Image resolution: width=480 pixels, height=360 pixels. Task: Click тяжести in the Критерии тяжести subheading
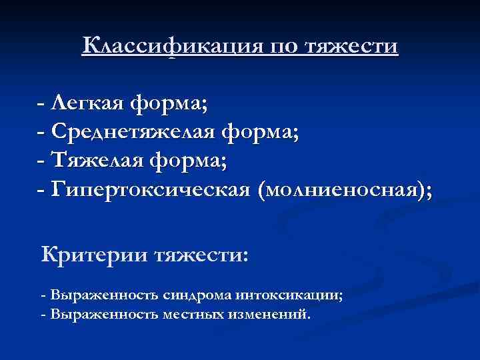pyautogui.click(x=201, y=255)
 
